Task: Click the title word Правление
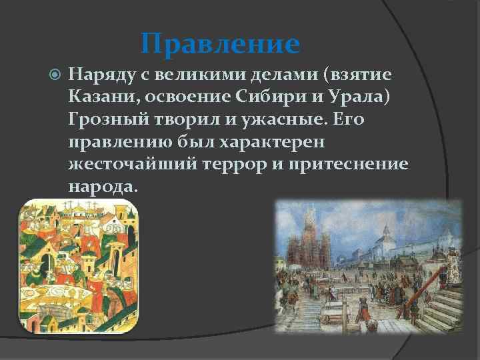coord(221,44)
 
